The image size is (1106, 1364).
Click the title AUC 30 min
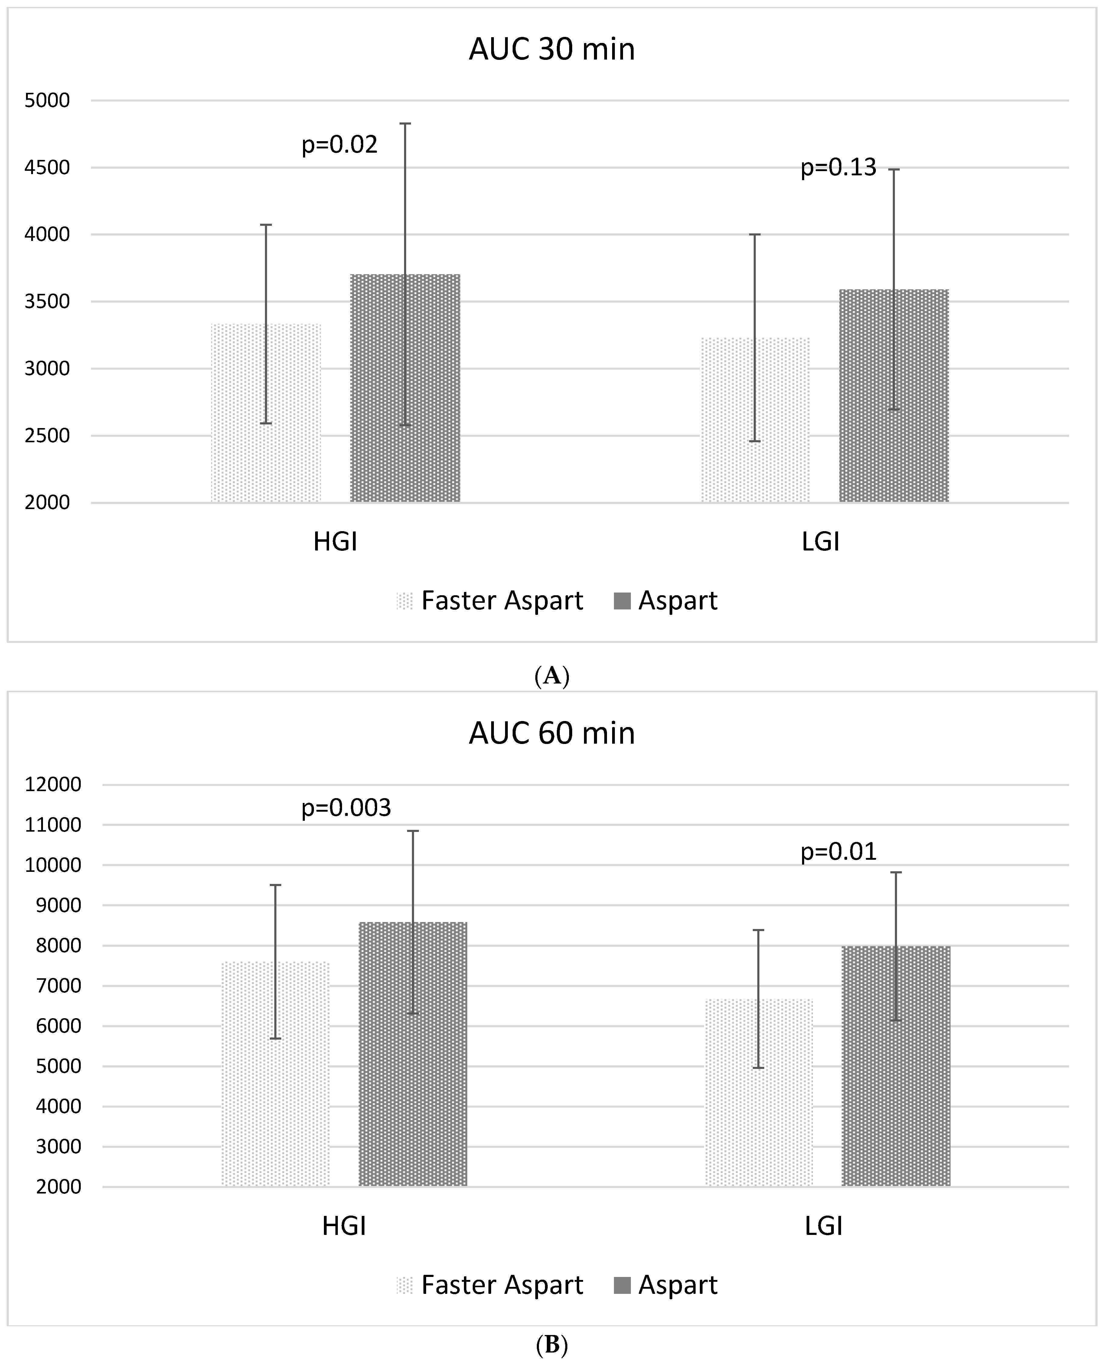pos(552,50)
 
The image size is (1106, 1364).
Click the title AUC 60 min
pos(552,734)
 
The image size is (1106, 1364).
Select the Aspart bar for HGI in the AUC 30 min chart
pos(405,388)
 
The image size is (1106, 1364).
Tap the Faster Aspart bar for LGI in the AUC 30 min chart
pos(755,420)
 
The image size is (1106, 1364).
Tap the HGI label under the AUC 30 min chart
pos(335,542)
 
